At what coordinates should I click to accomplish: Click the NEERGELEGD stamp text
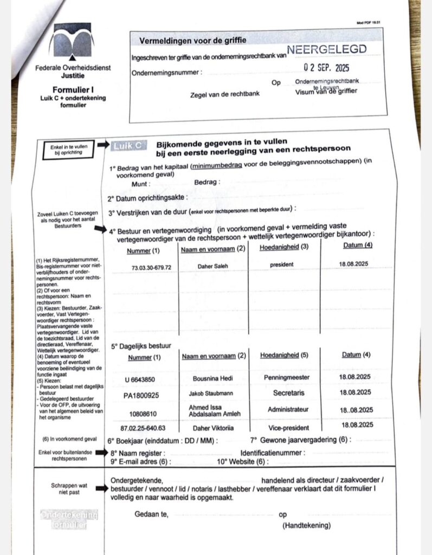coord(326,49)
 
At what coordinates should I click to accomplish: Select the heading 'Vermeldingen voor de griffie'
coord(193,40)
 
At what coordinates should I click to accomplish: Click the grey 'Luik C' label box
coord(128,145)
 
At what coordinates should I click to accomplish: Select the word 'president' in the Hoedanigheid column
coord(281,265)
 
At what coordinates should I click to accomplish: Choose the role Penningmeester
coord(287,377)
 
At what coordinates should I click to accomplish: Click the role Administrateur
coord(288,410)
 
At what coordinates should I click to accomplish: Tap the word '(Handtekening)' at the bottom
coord(306,525)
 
